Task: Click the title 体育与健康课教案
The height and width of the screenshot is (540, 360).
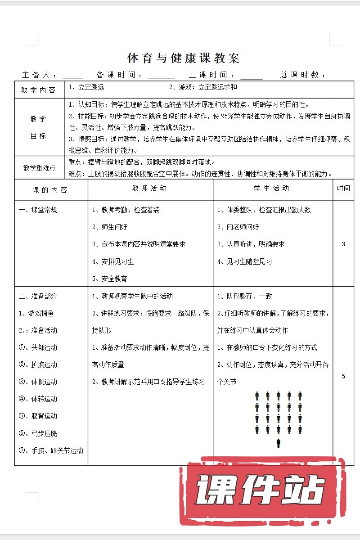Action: point(183,58)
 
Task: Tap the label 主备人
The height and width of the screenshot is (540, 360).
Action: point(39,75)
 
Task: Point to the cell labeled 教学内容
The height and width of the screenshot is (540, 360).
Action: point(39,90)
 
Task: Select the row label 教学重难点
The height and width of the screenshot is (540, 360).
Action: point(40,168)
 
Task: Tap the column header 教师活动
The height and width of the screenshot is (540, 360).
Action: point(150,189)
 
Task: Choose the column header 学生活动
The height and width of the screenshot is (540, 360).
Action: point(272,189)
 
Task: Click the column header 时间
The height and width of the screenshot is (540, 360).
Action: point(343,189)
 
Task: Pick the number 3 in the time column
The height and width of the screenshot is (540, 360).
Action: point(343,244)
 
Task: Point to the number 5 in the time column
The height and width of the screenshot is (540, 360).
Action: point(343,376)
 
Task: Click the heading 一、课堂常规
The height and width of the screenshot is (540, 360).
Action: point(38,210)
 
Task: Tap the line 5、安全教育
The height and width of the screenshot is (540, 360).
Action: point(110,279)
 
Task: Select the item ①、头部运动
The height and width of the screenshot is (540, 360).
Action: point(38,347)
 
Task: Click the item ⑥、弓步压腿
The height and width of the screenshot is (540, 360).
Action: point(38,433)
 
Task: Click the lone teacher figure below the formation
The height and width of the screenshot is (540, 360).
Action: point(278,443)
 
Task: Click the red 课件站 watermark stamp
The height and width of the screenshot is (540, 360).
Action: point(261,490)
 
